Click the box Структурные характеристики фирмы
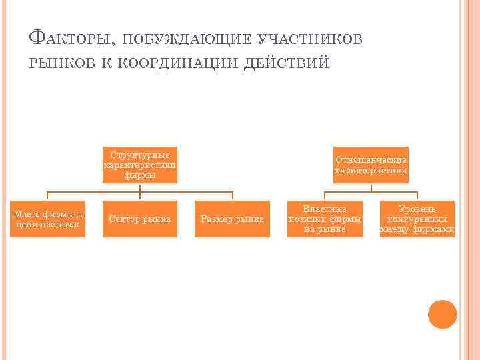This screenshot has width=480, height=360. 140,165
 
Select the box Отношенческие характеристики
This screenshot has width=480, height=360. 371,165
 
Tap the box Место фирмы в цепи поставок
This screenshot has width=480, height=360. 47,219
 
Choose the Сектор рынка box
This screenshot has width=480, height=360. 140,219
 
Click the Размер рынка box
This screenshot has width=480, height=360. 233,219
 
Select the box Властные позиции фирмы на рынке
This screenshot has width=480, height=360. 325,219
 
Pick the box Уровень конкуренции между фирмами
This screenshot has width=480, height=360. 417,219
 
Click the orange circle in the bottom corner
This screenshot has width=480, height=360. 442,314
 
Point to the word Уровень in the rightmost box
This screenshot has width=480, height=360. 417,209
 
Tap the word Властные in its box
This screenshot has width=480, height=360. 325,209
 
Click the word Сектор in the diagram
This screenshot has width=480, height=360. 124,219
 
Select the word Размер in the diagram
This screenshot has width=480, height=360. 216,219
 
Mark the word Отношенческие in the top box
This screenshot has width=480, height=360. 371,160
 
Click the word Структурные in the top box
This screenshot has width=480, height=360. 140,154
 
